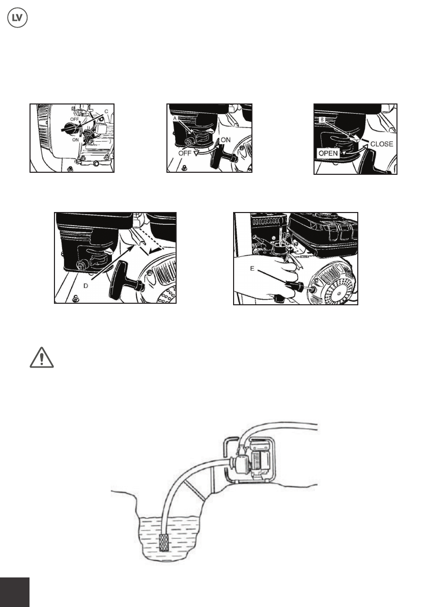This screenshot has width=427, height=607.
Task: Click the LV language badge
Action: point(17,18)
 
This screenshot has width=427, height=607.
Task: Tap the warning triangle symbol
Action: point(42,357)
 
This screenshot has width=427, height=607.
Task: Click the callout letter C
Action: point(106,111)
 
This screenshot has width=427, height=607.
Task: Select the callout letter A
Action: point(175,118)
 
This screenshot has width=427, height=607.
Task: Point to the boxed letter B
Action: point(322,120)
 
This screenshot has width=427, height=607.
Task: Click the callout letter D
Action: point(86,286)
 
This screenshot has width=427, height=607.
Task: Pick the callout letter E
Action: point(252,268)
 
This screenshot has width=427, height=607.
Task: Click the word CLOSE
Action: point(381,144)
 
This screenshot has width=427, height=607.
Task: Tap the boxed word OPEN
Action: point(328,153)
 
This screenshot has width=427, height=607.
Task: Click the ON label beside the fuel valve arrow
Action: point(225,140)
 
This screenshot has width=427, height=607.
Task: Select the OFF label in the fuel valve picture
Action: point(185,153)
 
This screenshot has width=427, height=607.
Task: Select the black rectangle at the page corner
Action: point(15,592)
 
